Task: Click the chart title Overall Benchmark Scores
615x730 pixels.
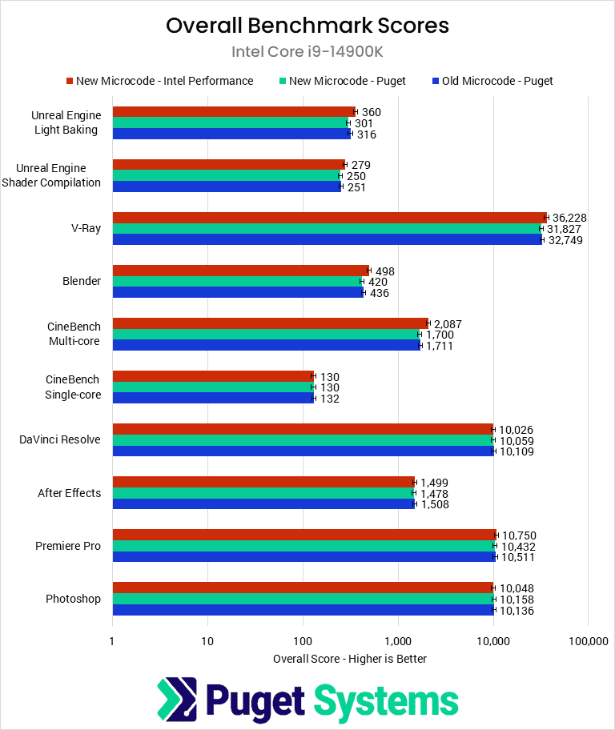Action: [x=307, y=26]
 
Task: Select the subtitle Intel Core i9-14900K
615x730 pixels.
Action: [x=307, y=52]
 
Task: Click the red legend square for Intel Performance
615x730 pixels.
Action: [x=70, y=81]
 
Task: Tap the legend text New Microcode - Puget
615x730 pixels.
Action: [x=348, y=81]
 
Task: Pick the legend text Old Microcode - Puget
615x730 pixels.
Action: [x=497, y=81]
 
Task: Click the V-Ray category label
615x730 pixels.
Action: [x=85, y=229]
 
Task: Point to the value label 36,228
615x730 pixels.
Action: [x=570, y=218]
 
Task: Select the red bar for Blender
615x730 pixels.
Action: [x=240, y=271]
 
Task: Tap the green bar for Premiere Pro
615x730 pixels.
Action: [x=303, y=546]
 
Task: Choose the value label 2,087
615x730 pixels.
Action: [x=448, y=324]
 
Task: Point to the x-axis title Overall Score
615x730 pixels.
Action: [x=350, y=659]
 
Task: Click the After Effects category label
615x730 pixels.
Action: [x=70, y=493]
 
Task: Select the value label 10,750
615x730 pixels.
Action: [x=519, y=535]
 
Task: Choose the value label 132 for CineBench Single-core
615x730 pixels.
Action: [x=329, y=398]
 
